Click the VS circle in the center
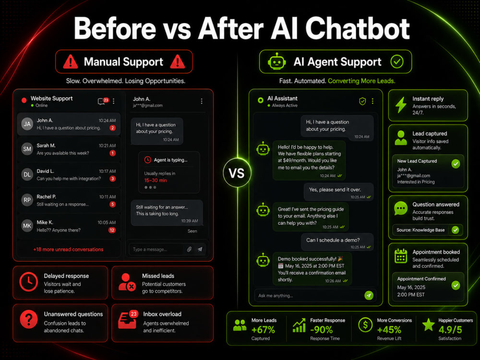pos(237,173)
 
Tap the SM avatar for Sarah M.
pos(27,149)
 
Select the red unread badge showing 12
pos(112,230)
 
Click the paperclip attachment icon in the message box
pos(189,249)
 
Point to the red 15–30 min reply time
pos(156,180)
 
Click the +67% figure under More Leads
pos(263,330)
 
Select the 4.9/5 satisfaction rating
pos(450,330)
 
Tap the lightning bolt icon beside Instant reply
pos(401,105)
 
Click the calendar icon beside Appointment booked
pos(401,256)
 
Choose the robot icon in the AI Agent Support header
pos(277,61)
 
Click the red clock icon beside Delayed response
pos(29,281)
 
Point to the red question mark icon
pos(29,319)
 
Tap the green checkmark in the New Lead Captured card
pos(456,164)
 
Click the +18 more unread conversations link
pos(68,250)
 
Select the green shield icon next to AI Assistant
pos(362,101)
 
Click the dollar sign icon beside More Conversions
pos(365,325)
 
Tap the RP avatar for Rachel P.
pos(27,200)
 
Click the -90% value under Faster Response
pos(322,330)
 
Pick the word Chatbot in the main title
pos(357,29)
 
